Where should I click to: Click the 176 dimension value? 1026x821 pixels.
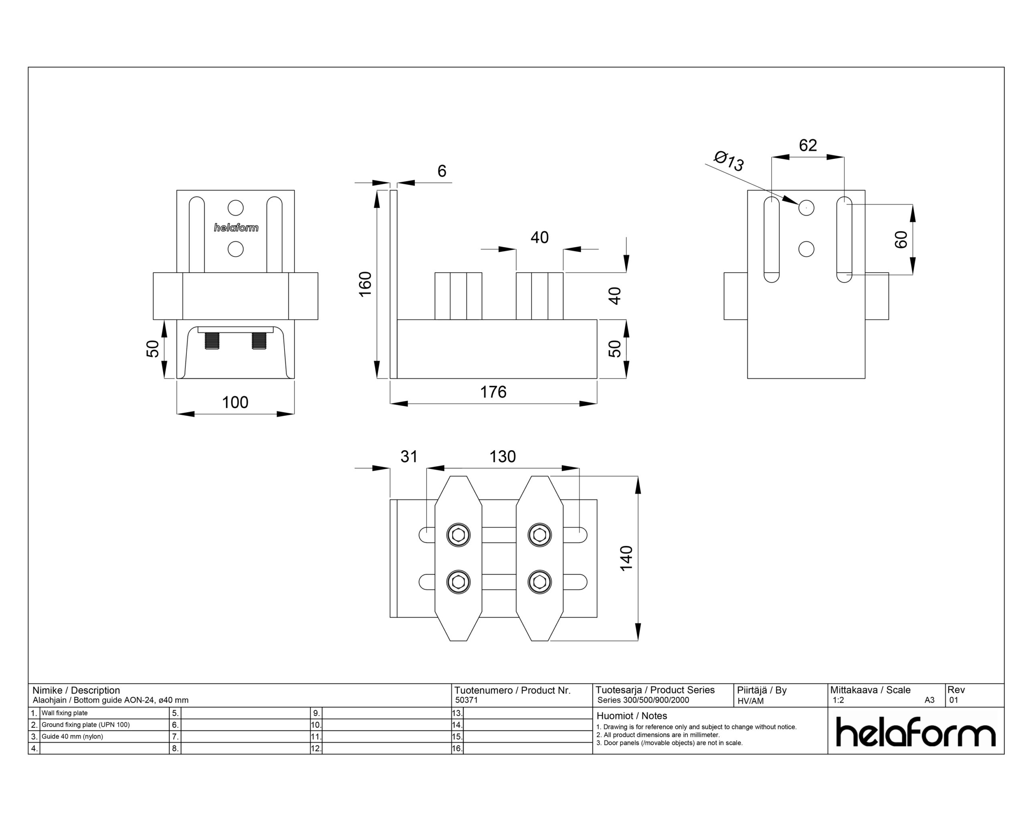pyautogui.click(x=493, y=392)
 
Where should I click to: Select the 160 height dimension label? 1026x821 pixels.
pyautogui.click(x=365, y=284)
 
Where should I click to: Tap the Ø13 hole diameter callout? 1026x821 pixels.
pyautogui.click(x=729, y=161)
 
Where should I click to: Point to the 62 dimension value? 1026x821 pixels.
pyautogui.click(x=808, y=145)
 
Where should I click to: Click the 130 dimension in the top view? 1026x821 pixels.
pyautogui.click(x=503, y=457)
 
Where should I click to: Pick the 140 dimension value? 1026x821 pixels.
pyautogui.click(x=626, y=558)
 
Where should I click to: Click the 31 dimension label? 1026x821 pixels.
pyautogui.click(x=409, y=457)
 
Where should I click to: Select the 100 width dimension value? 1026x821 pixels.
pyautogui.click(x=235, y=402)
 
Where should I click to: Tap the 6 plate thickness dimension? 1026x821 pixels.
pyautogui.click(x=442, y=171)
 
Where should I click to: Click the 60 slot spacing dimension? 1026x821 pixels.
pyautogui.click(x=901, y=239)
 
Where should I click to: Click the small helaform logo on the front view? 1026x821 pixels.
pyautogui.click(x=236, y=228)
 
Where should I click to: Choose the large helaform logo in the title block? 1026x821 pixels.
pyautogui.click(x=916, y=732)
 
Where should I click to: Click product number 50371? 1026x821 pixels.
pyautogui.click(x=467, y=700)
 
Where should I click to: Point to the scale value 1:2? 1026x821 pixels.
pyautogui.click(x=838, y=700)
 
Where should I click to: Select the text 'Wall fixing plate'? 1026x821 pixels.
pyautogui.click(x=64, y=713)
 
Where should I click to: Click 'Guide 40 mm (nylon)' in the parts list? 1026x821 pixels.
pyautogui.click(x=72, y=736)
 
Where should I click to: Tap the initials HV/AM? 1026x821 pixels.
pyautogui.click(x=751, y=701)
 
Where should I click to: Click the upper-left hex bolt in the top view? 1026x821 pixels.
pyautogui.click(x=458, y=535)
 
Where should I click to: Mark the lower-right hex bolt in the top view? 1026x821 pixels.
pyautogui.click(x=539, y=582)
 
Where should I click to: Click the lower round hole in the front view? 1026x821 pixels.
pyautogui.click(x=236, y=249)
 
